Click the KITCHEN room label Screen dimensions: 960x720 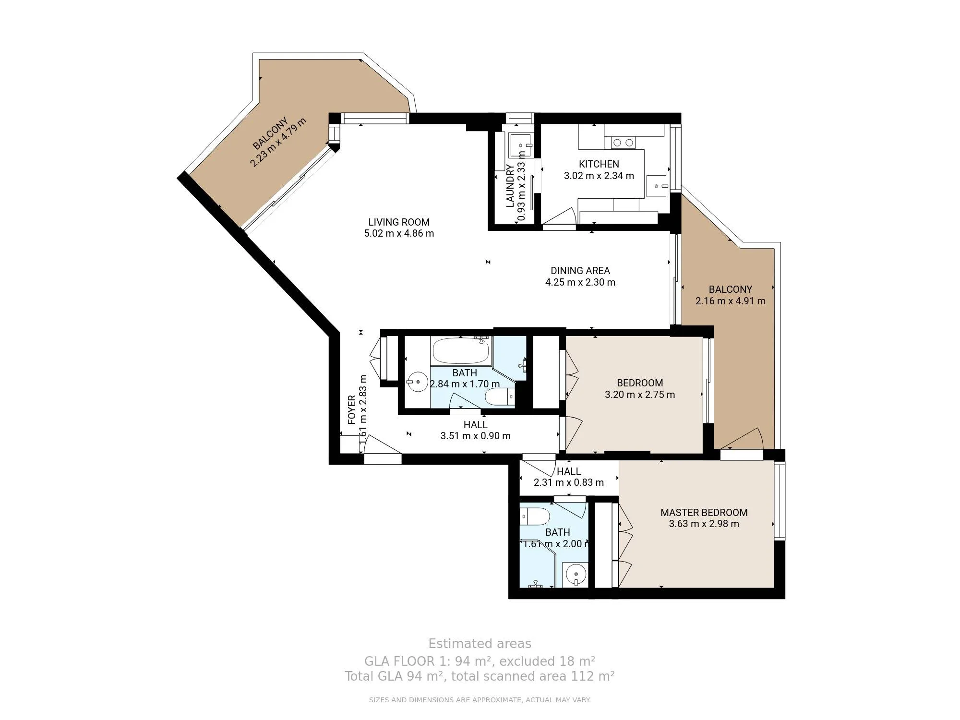pyautogui.click(x=599, y=164)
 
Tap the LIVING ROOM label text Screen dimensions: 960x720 pyautogui.click(x=399, y=222)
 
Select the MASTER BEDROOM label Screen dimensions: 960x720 pyautogui.click(x=704, y=513)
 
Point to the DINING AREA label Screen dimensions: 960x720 pyautogui.click(x=580, y=271)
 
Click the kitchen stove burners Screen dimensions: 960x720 pyautogui.click(x=623, y=142)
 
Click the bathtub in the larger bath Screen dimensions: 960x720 pyautogui.click(x=461, y=351)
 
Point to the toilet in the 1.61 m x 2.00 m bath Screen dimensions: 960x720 pyautogui.click(x=535, y=517)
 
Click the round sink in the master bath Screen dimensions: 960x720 pyautogui.click(x=575, y=574)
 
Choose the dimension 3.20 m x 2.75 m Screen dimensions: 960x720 pyautogui.click(x=640, y=395)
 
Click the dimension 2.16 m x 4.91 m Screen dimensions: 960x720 pyautogui.click(x=730, y=301)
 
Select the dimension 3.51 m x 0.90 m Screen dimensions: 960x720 pyautogui.click(x=475, y=436)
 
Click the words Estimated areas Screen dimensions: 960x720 pyautogui.click(x=480, y=644)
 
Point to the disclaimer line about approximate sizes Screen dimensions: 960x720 pyautogui.click(x=480, y=700)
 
